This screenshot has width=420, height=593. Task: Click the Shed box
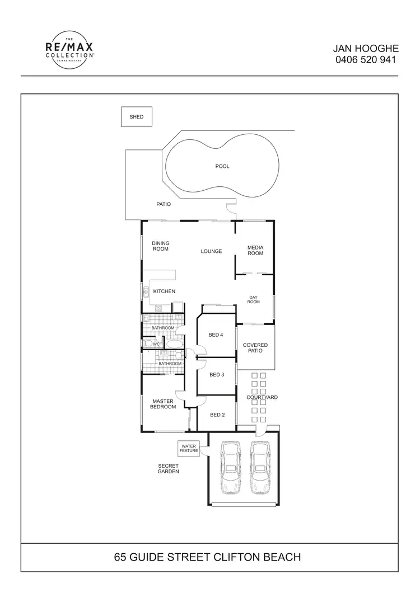[x=137, y=117]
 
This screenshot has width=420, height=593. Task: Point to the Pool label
[x=222, y=166]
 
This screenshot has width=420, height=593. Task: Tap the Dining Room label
[x=161, y=246]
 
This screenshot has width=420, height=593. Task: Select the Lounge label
[x=211, y=251]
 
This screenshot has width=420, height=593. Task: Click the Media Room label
[x=255, y=250]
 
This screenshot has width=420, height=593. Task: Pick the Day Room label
[x=254, y=299]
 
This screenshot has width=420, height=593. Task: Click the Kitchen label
[x=164, y=291]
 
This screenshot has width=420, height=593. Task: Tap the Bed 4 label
[x=216, y=335]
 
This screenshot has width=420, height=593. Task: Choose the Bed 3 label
[x=217, y=375]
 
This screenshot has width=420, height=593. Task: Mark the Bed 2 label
[x=217, y=415]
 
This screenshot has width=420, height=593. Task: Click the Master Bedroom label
[x=163, y=404]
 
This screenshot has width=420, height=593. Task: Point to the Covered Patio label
[x=255, y=349]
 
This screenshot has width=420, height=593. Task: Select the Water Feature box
[x=188, y=448]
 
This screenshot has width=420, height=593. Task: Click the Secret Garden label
[x=168, y=468]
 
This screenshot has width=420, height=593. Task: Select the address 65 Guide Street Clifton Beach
[x=208, y=557]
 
